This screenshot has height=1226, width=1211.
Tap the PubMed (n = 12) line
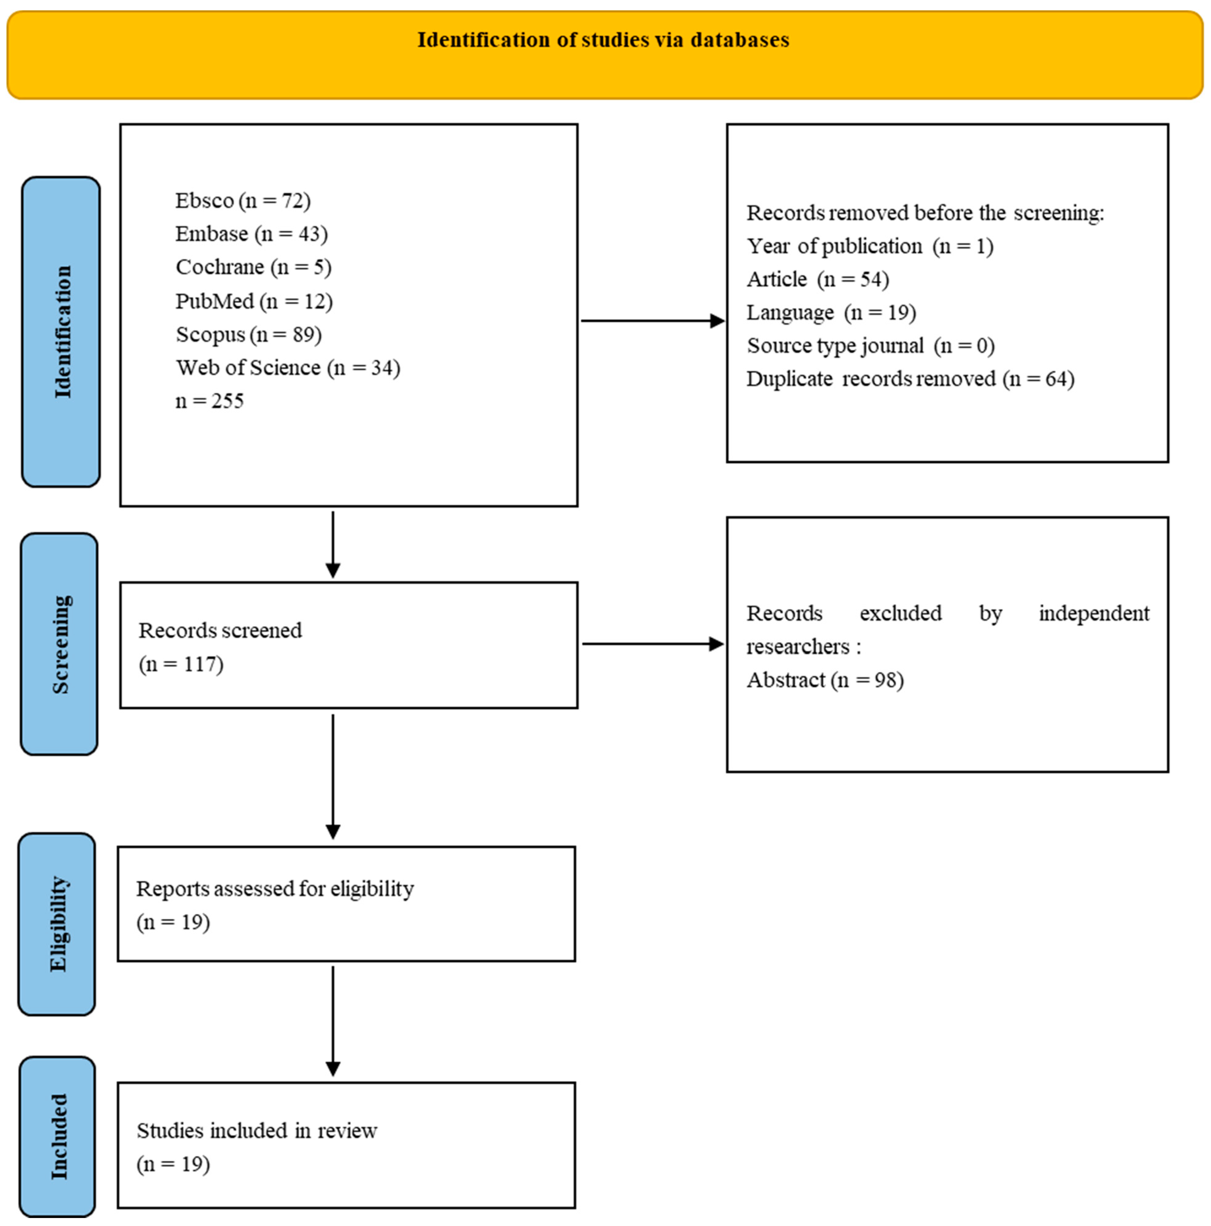click(x=254, y=301)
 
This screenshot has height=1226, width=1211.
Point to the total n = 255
click(x=209, y=401)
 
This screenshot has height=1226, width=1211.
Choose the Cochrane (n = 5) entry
click(x=253, y=267)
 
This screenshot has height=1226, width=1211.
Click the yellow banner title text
click(x=603, y=40)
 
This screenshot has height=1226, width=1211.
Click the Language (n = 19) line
click(x=831, y=312)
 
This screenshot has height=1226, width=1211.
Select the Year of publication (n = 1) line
click(x=870, y=246)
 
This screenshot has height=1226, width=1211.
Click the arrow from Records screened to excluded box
click(x=652, y=644)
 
